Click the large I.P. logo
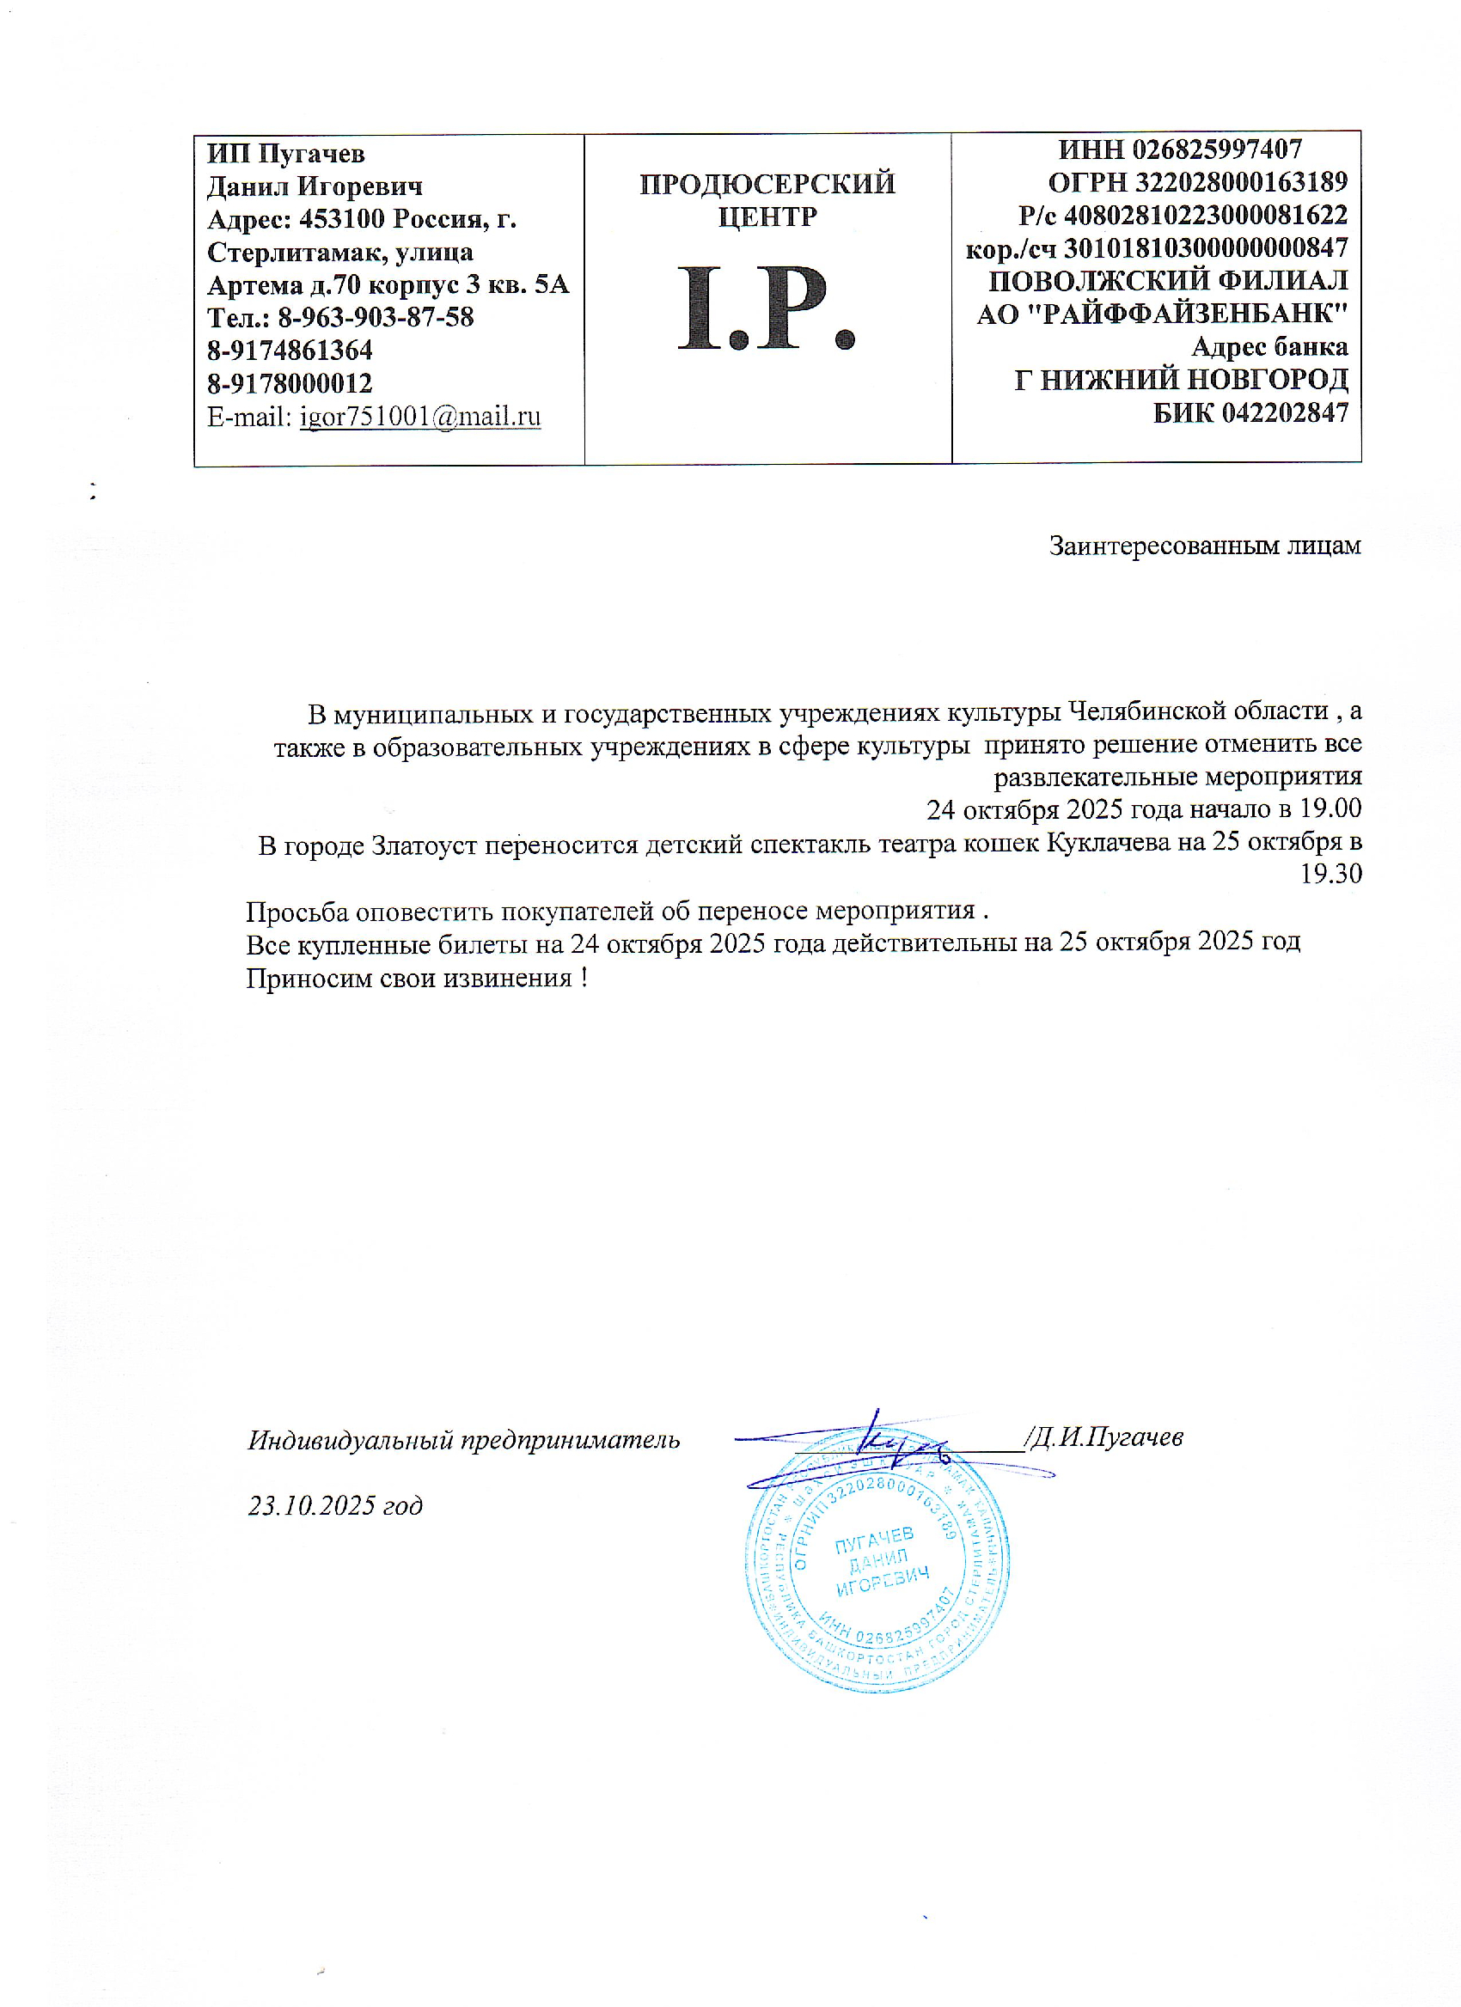(767, 307)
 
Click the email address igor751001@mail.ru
(420, 416)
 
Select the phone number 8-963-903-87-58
(376, 317)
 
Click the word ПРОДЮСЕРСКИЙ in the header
(767, 184)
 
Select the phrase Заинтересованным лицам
(1204, 546)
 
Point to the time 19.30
(1330, 874)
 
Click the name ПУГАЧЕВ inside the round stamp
(874, 1540)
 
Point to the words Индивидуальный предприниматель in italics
(464, 1440)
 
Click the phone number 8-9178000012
(290, 383)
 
